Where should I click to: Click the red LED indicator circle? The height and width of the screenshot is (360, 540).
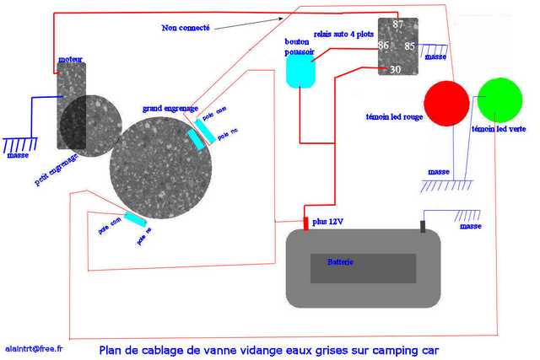click(446, 102)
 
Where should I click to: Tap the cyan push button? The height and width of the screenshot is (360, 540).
click(300, 72)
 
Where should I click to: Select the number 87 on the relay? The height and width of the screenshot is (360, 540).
click(399, 24)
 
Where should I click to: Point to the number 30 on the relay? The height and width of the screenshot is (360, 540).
click(396, 69)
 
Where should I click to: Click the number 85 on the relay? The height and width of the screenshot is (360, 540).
click(409, 46)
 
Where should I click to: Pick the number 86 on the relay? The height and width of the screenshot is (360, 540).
click(384, 46)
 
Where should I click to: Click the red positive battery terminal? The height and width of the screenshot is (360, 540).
click(306, 223)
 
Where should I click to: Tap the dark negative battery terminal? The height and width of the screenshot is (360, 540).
click(423, 226)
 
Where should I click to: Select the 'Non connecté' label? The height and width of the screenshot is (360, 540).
click(186, 28)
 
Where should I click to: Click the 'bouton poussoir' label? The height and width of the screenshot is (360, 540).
click(300, 46)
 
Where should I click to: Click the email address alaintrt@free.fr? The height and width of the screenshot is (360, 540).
click(39, 347)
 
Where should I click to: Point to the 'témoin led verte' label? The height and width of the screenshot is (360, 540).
click(499, 130)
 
